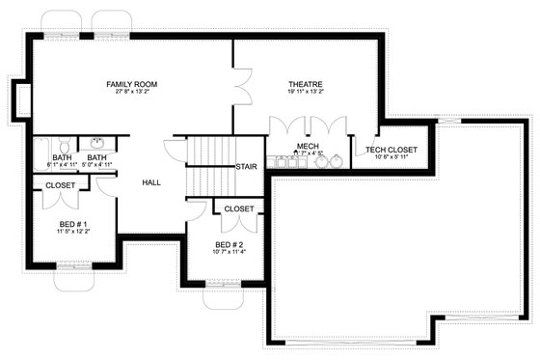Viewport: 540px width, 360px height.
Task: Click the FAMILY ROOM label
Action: pyautogui.click(x=132, y=85)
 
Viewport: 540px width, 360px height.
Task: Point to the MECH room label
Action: pyautogui.click(x=308, y=147)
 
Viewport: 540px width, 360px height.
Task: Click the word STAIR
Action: pyautogui.click(x=247, y=166)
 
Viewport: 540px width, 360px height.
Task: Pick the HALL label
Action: pyautogui.click(x=151, y=182)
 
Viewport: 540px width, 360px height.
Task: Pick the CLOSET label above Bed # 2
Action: pyautogui.click(x=239, y=208)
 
